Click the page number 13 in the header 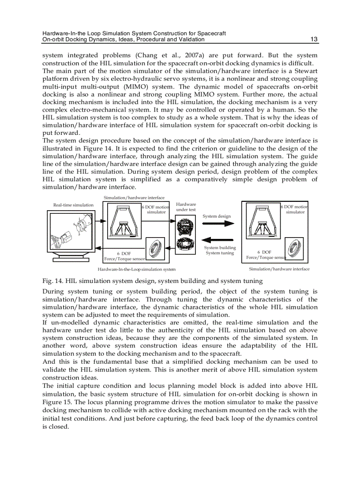(314, 39)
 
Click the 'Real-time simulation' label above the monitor (73, 205)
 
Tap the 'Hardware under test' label (186, 207)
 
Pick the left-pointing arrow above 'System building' (219, 239)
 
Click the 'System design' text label (217, 216)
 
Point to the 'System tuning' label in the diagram (220, 253)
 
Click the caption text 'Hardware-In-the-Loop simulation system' (136, 269)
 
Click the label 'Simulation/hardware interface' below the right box (279, 269)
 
